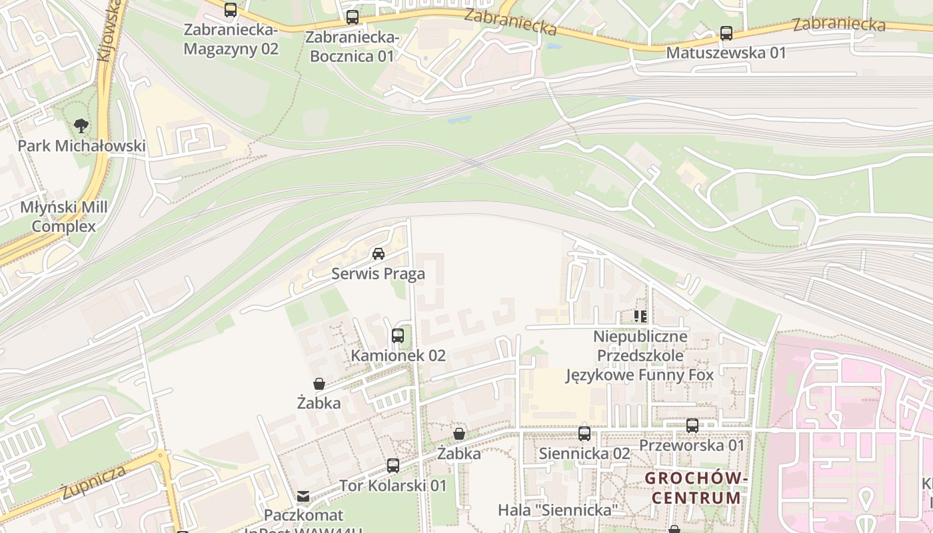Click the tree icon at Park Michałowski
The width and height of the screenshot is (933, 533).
(81, 125)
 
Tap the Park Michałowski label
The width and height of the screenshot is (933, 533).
(81, 146)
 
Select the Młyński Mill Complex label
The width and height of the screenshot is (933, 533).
(64, 217)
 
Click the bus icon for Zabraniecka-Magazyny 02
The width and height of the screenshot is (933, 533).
(231, 10)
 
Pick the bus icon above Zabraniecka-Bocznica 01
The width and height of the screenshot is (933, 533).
(353, 17)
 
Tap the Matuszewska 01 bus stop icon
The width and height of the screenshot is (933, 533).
(726, 33)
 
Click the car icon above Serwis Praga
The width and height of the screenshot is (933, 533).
(379, 254)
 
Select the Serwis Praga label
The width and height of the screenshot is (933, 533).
(378, 274)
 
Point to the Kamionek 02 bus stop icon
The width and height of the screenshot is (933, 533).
(398, 336)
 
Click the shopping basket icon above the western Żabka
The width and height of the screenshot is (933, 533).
(319, 384)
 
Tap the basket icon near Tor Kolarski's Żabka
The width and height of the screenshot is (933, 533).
(459, 434)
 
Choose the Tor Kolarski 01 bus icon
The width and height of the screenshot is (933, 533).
(393, 466)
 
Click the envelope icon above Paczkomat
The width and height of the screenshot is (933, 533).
(303, 496)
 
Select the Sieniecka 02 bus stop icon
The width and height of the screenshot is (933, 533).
(584, 434)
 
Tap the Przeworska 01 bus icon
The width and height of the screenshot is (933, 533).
(692, 425)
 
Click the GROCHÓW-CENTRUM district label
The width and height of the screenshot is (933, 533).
(696, 488)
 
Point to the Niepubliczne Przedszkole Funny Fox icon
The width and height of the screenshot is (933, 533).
(640, 316)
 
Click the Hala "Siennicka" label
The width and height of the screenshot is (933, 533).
(558, 510)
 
